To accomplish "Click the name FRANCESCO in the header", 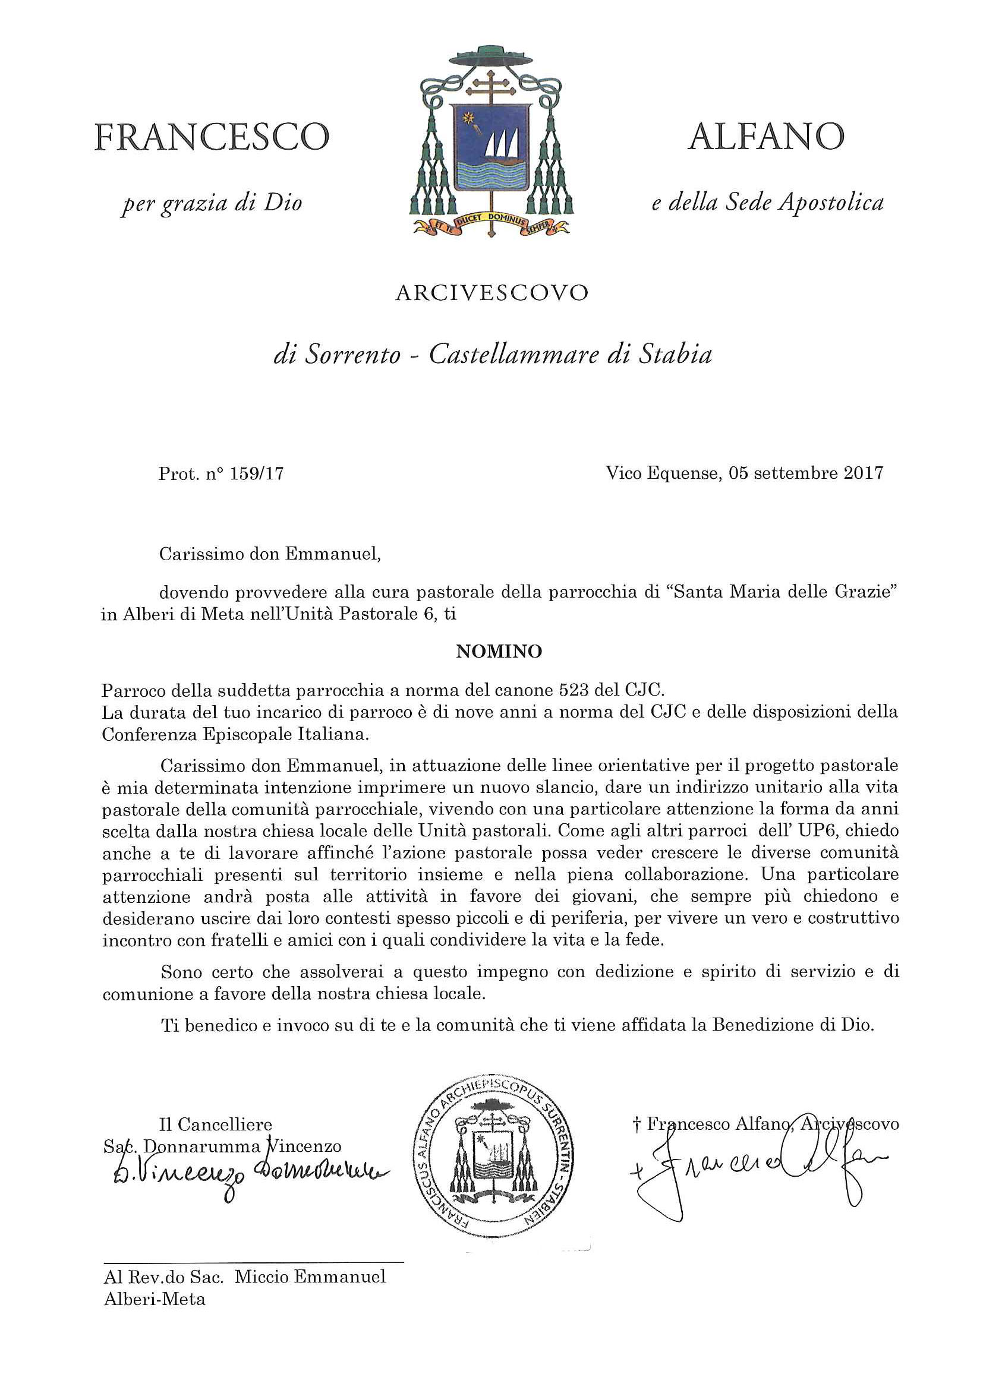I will pyautogui.click(x=212, y=137).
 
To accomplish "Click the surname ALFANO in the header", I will pyautogui.click(x=766, y=137).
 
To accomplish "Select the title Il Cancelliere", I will pyautogui.click(x=215, y=1125).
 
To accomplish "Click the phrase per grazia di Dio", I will pyautogui.click(x=212, y=203).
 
